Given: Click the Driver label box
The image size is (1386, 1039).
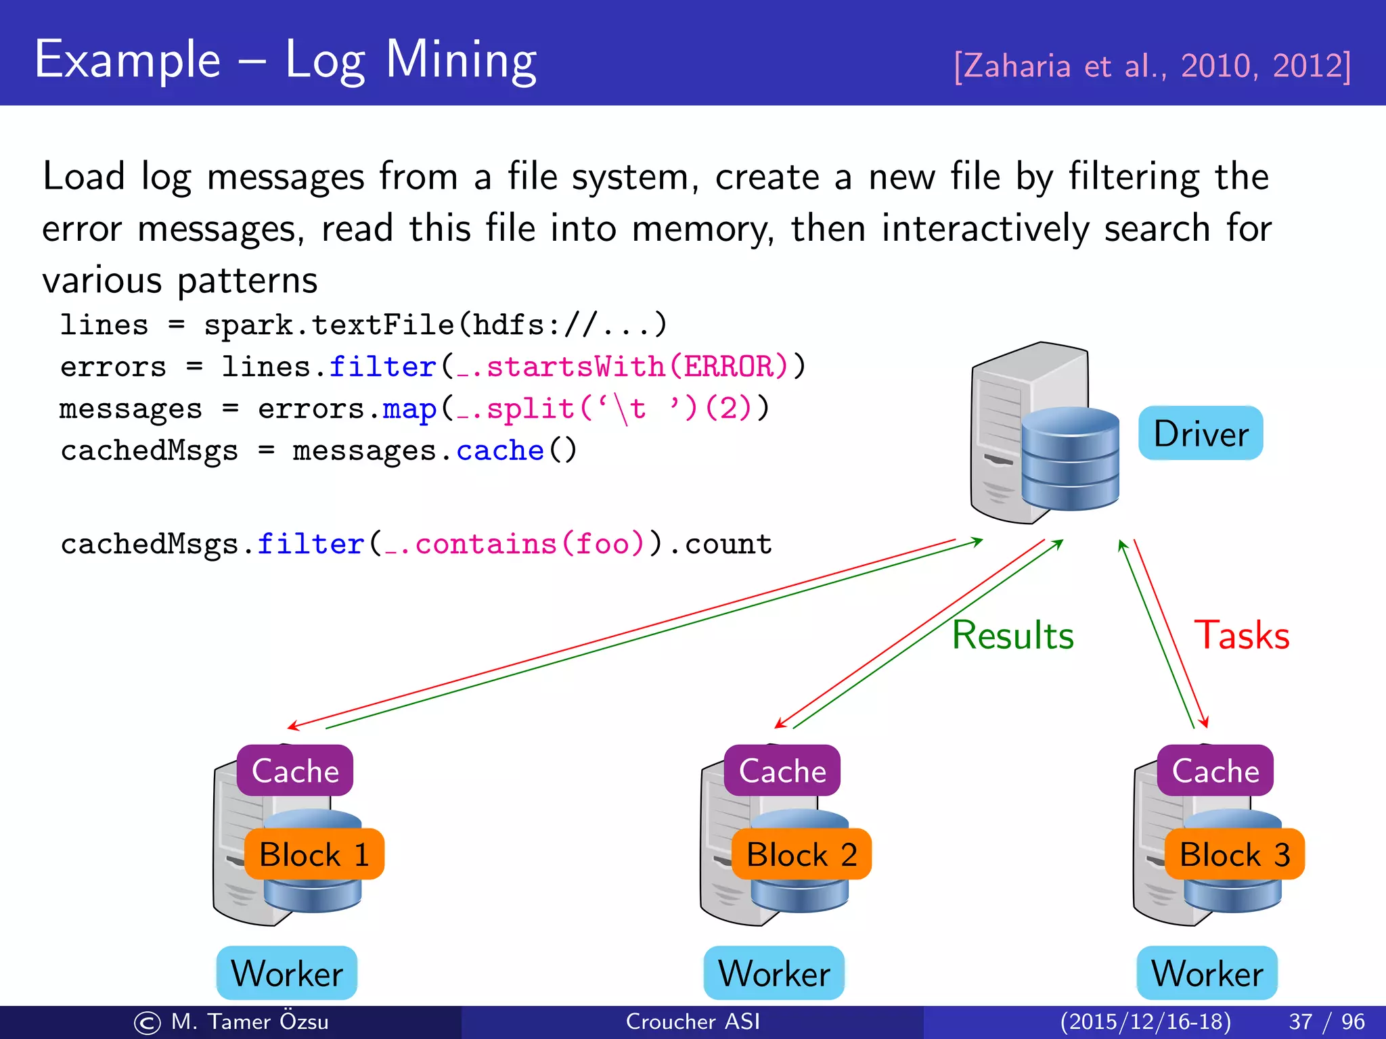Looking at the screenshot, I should click(1201, 433).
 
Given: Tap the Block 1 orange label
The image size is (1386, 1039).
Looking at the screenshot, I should click(314, 854).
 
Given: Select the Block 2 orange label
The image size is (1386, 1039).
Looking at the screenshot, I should click(801, 854).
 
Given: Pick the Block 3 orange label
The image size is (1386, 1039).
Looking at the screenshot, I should click(1234, 854).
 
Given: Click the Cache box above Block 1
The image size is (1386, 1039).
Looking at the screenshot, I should click(295, 770).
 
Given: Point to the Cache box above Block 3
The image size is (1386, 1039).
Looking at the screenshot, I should click(1215, 770).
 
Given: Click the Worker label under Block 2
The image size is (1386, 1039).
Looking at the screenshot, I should click(774, 973).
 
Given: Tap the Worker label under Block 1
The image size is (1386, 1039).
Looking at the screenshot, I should click(287, 973).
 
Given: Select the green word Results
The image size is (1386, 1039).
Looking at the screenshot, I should click(1012, 635).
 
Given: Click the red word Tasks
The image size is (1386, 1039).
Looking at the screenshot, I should click(1242, 635).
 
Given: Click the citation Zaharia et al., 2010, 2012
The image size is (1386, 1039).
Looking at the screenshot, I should click(1152, 66).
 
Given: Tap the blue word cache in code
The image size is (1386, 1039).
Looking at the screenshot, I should click(500, 451).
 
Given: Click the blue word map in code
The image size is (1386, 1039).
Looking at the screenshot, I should click(409, 409).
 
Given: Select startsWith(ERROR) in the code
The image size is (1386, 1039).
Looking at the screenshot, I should click(638, 367).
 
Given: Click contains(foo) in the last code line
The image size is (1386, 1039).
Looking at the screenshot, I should click(529, 544).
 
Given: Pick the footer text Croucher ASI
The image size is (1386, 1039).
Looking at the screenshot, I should click(692, 1021).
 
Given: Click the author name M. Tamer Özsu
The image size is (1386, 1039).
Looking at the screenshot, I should click(249, 1021).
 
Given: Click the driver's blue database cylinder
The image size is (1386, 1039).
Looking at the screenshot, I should click(1070, 459).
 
